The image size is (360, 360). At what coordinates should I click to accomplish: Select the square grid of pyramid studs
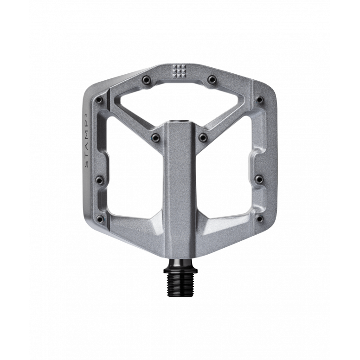tap(179, 71)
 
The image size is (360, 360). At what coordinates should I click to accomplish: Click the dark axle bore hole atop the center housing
tap(180, 122)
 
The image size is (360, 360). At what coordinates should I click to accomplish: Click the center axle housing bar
tap(180, 186)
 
